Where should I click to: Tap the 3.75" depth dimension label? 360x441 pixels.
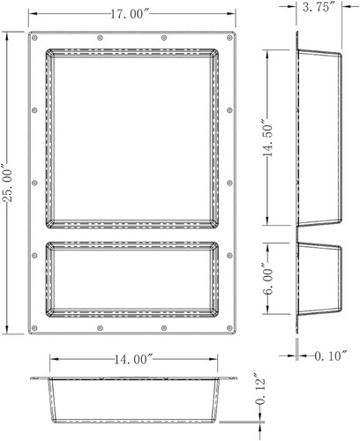coord(320,7)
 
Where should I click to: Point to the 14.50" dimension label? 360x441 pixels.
coord(267,138)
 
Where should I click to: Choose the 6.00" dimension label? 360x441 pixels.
coord(267,278)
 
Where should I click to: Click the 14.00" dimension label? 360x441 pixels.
coord(134,359)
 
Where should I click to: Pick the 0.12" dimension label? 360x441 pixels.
coord(260,389)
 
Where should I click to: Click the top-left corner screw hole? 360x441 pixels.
coord(34,38)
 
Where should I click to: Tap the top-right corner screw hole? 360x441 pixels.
coord(229,38)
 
